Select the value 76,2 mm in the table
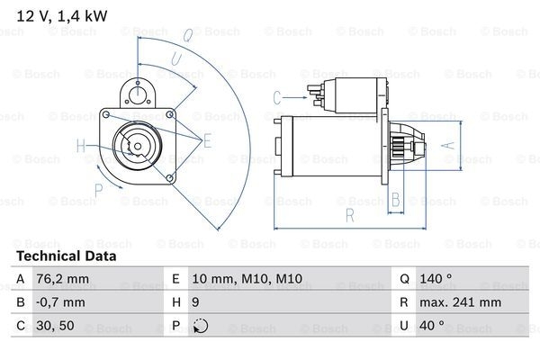[63, 279]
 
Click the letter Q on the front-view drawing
[187, 37]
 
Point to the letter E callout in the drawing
[207, 139]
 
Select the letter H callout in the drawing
[81, 146]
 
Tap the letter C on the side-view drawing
[277, 96]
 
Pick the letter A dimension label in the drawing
[442, 144]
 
